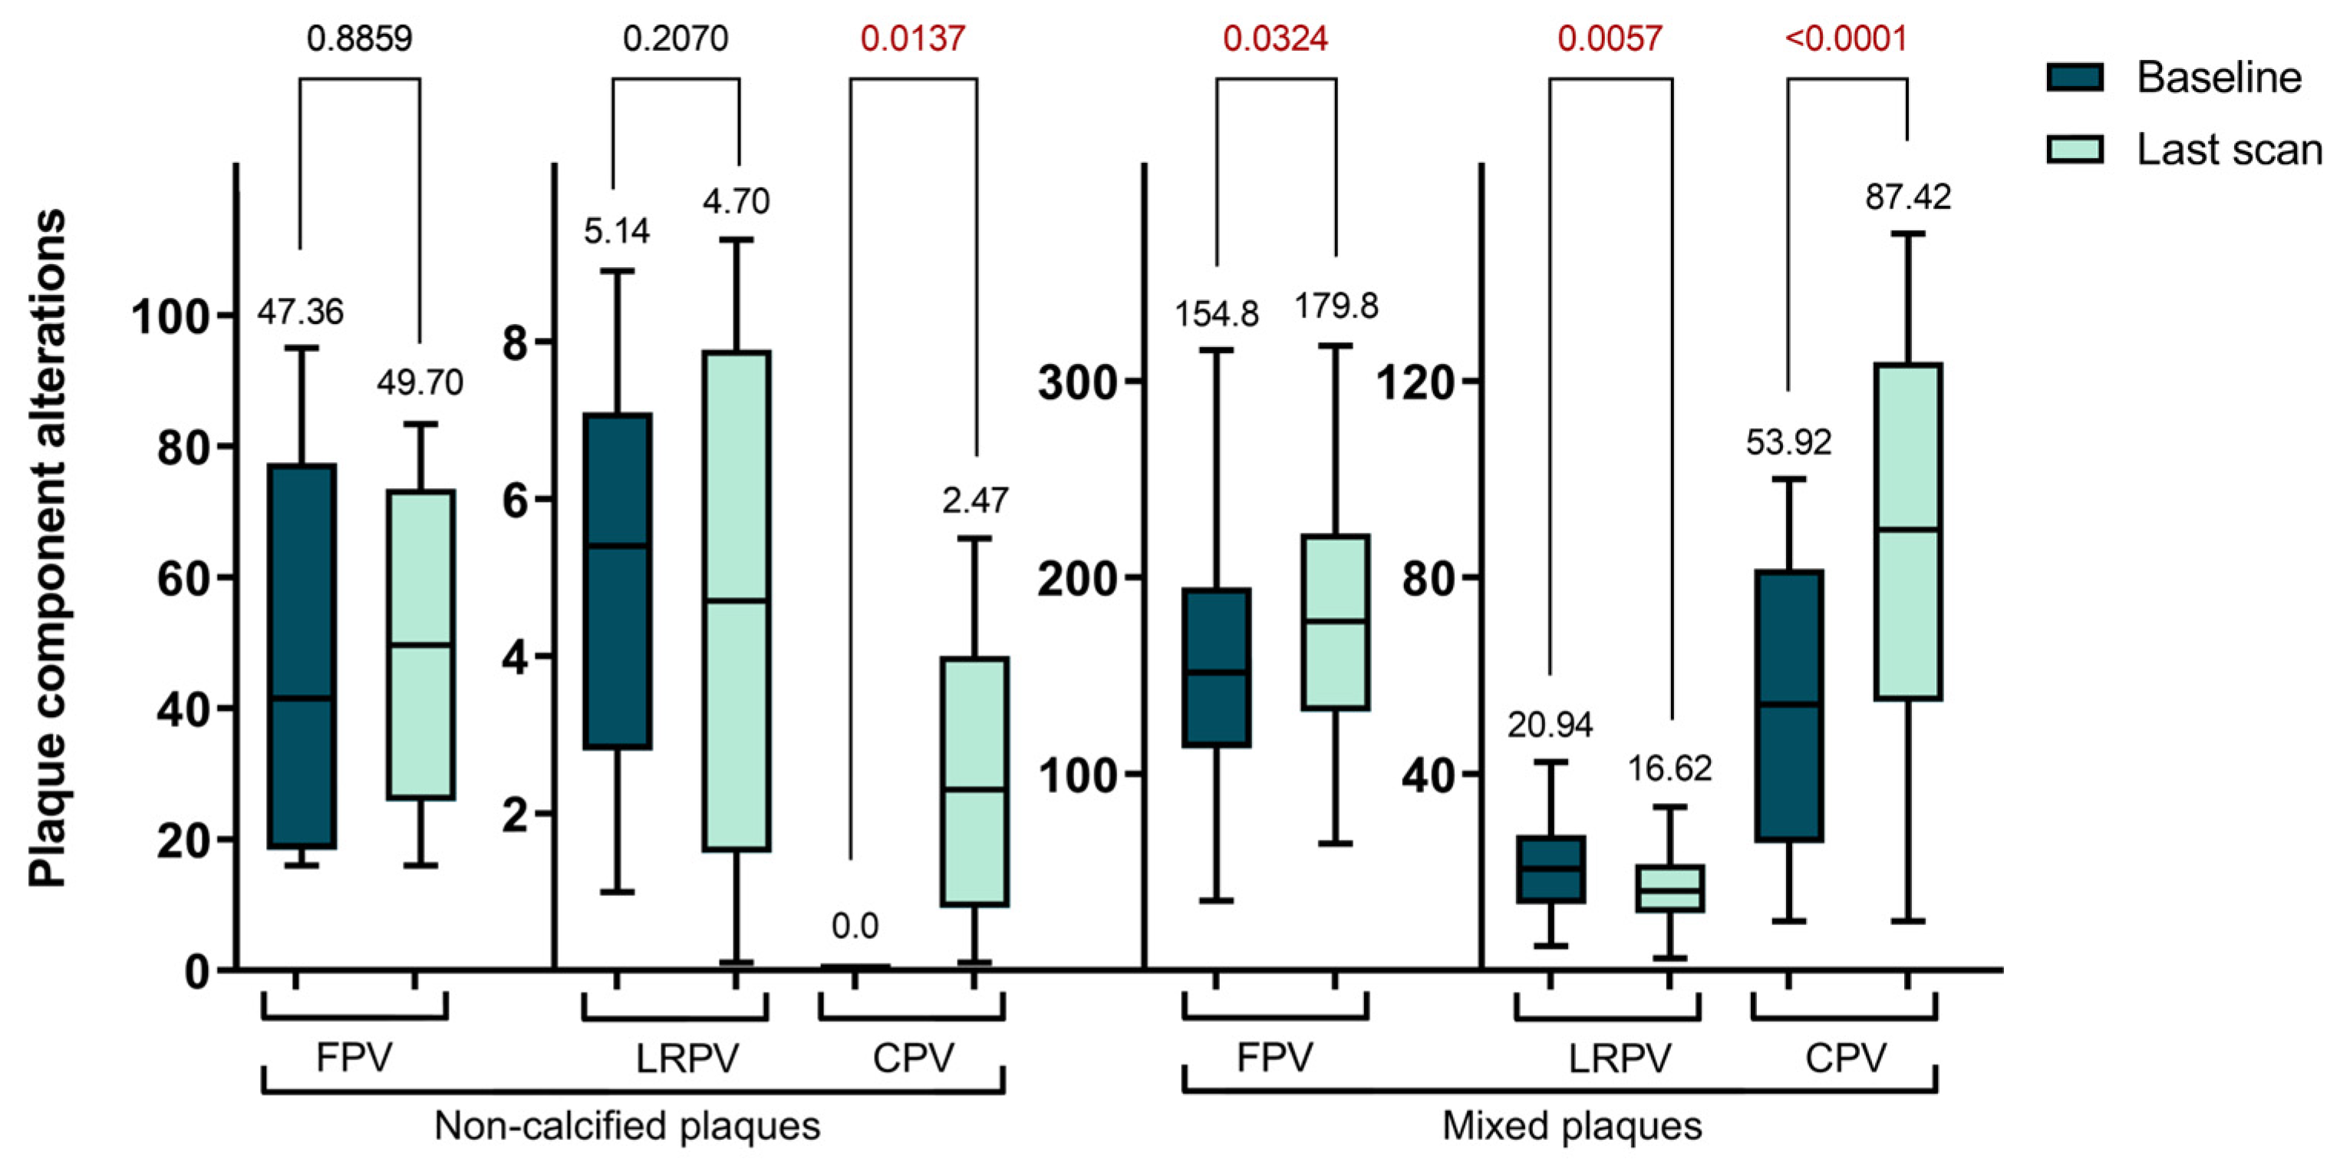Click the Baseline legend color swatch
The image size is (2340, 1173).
2075,78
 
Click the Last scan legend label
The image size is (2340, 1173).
2228,150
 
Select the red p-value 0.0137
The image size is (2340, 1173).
912,38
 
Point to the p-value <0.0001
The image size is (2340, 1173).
1845,38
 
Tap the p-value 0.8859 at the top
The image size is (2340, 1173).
359,38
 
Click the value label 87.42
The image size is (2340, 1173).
1907,197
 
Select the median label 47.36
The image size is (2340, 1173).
300,312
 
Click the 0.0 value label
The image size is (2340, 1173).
854,926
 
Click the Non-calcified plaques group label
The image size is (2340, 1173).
627,1125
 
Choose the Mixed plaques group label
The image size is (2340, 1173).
1571,1125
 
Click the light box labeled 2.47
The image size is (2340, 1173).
974,727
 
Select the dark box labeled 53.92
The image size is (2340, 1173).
1788,636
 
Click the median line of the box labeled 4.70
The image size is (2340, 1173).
736,600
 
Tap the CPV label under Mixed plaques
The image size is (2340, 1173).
1845,1058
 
